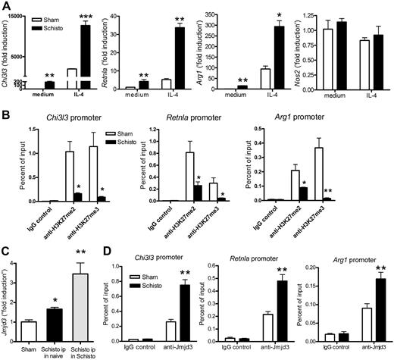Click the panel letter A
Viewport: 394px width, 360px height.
[x=6, y=6]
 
